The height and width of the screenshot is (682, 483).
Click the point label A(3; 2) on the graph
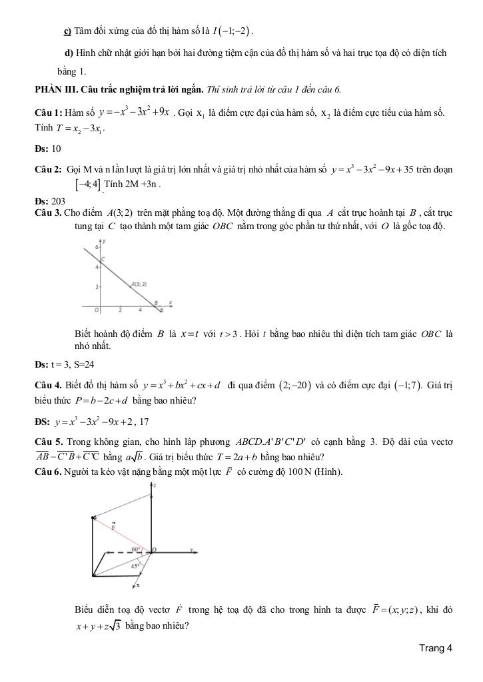point(139,284)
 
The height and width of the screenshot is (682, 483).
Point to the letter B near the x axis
point(157,302)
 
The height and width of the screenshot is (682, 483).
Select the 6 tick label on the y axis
point(96,246)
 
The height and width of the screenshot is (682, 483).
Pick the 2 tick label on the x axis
point(120,310)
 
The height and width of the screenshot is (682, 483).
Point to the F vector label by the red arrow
point(114,525)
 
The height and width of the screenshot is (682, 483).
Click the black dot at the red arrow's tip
point(93,517)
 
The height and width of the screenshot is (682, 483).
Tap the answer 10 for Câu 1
point(56,149)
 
